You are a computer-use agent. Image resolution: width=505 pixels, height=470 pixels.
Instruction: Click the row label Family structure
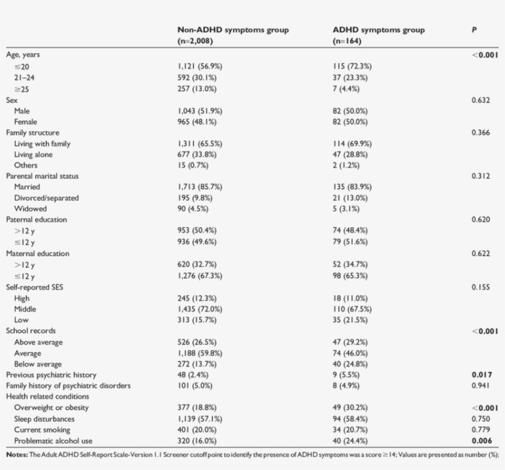pyautogui.click(x=33, y=132)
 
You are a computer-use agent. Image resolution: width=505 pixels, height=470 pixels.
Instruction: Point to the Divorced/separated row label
pyautogui.click(x=46, y=198)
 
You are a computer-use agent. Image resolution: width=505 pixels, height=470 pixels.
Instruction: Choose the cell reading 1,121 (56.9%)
pyautogui.click(x=200, y=67)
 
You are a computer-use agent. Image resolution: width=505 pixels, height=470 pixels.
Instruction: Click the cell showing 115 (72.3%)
pyautogui.click(x=352, y=67)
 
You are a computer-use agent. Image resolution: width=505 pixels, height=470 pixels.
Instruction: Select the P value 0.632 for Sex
pyautogui.click(x=480, y=100)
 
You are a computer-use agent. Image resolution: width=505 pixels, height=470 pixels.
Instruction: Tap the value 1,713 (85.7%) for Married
pyautogui.click(x=200, y=187)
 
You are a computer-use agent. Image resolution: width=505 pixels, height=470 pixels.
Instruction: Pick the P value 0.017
pyautogui.click(x=480, y=375)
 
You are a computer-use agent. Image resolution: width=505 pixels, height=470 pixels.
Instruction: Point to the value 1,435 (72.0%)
pyautogui.click(x=200, y=309)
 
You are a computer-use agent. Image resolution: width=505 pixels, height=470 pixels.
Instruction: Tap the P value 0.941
pyautogui.click(x=480, y=386)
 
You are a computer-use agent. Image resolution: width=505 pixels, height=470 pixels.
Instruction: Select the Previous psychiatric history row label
pyautogui.click(x=51, y=375)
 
